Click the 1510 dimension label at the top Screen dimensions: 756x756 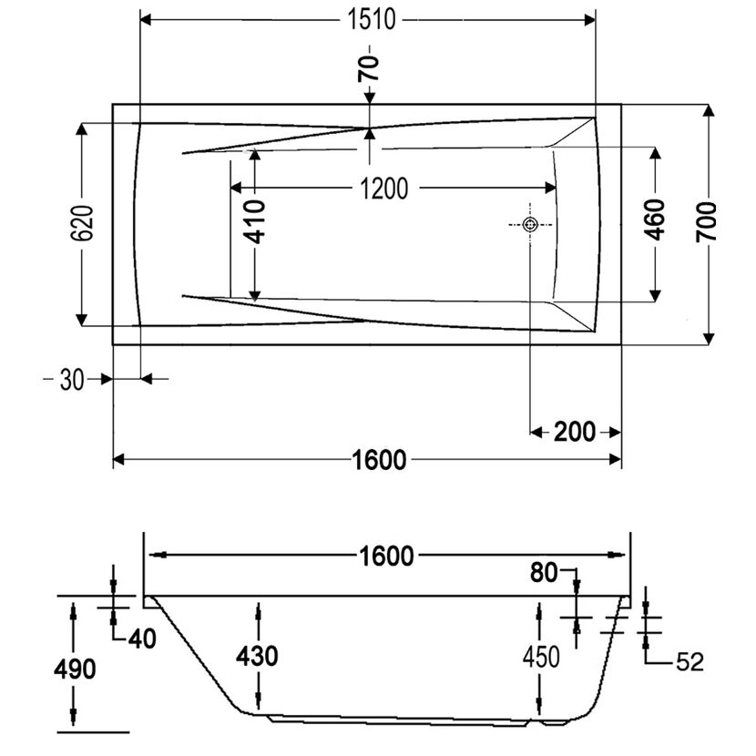[372, 20]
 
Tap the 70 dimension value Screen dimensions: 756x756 [369, 67]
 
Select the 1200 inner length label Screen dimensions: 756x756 [384, 188]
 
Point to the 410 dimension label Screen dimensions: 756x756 [255, 221]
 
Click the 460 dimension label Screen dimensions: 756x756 [655, 220]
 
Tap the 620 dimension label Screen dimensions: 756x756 [82, 223]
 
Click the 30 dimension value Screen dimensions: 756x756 [72, 380]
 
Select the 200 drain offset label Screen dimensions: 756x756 [575, 432]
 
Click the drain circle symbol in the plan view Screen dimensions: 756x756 [530, 225]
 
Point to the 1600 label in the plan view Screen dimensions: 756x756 [380, 460]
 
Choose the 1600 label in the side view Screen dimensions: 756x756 [387, 556]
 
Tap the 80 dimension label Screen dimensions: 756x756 [544, 573]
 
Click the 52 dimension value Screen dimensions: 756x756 [690, 662]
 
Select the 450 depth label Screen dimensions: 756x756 [541, 657]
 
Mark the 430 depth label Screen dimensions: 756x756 [257, 656]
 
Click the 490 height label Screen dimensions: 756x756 [75, 669]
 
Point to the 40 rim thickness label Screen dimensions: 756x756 [142, 639]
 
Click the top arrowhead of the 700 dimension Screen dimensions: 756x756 [709, 110]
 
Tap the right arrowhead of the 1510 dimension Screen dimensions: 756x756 [589, 20]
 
